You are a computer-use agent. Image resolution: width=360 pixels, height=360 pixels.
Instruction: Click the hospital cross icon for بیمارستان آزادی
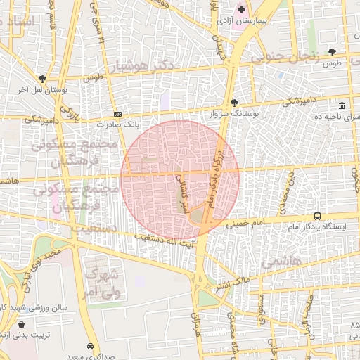pyautogui.click(x=242, y=9)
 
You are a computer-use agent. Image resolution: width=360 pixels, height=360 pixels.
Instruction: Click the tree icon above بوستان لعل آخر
pyautogui.click(x=42, y=79)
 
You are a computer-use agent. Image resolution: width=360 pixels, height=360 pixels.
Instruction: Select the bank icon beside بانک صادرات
pyautogui.click(x=117, y=114)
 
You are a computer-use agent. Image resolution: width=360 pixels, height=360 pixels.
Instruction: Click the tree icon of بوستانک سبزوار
pyautogui.click(x=234, y=103)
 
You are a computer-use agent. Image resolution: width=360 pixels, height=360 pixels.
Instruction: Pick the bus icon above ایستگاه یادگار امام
pyautogui.click(x=318, y=216)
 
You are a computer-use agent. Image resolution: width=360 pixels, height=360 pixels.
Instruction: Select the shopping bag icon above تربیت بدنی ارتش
pyautogui.click(x=23, y=325)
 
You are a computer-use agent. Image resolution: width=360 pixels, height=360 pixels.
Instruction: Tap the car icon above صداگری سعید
pyautogui.click(x=91, y=347)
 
